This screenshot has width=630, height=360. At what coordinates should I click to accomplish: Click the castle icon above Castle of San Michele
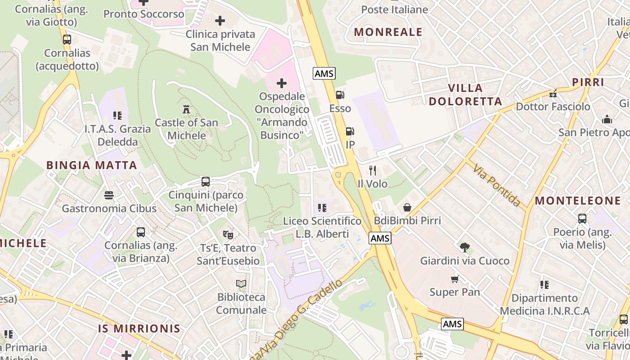(186, 109)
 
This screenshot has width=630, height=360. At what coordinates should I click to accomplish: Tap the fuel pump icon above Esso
(340, 95)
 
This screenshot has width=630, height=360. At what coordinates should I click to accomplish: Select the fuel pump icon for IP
(350, 131)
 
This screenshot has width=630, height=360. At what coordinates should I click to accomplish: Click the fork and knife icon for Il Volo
(372, 170)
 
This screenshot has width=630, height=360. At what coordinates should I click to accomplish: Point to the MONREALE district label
(388, 32)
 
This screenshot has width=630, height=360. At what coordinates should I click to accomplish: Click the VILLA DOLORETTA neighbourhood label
(465, 94)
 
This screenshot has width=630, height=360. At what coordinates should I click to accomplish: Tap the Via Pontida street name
(496, 185)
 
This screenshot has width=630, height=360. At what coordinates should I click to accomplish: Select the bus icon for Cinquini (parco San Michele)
(206, 182)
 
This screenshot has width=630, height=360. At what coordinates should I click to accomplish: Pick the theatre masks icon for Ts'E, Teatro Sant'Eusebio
(228, 234)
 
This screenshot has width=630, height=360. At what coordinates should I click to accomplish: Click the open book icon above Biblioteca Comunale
(241, 283)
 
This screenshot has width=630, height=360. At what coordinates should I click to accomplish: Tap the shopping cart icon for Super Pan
(455, 279)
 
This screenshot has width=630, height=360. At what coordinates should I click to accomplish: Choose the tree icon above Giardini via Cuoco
(465, 247)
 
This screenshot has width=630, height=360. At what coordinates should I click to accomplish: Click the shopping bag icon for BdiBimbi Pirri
(407, 207)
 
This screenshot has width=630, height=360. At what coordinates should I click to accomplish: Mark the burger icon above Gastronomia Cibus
(109, 195)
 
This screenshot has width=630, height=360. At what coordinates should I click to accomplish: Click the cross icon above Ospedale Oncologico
(282, 83)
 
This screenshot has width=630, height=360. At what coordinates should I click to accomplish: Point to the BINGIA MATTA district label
(92, 165)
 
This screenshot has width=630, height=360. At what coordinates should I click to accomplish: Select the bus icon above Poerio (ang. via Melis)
(582, 219)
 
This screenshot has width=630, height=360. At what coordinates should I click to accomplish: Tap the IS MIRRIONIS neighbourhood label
(139, 328)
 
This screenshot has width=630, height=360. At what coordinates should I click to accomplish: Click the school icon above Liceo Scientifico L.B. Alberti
(322, 207)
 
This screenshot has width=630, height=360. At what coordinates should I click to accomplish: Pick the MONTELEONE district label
(578, 201)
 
